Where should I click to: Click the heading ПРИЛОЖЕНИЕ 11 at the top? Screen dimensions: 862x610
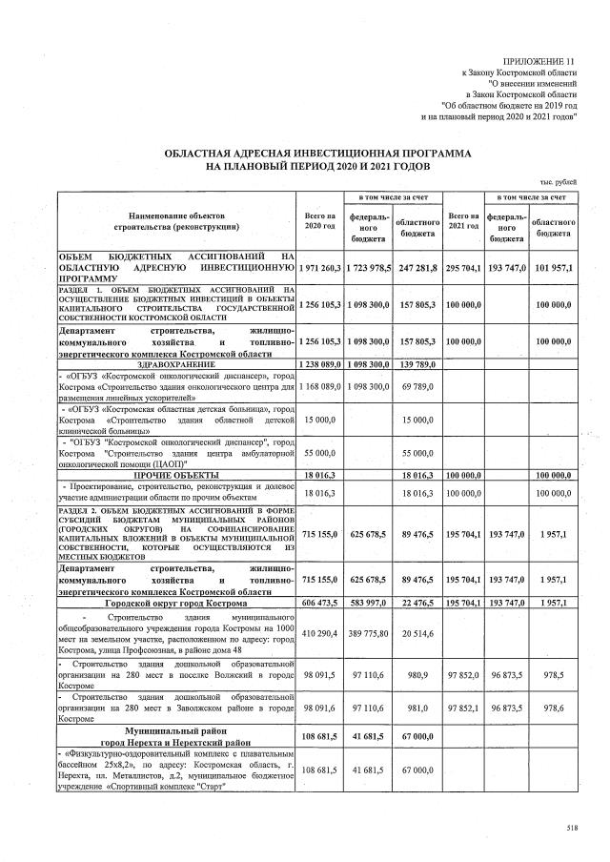[x=540, y=59]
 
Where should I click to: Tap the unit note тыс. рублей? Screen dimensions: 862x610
[x=558, y=181]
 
